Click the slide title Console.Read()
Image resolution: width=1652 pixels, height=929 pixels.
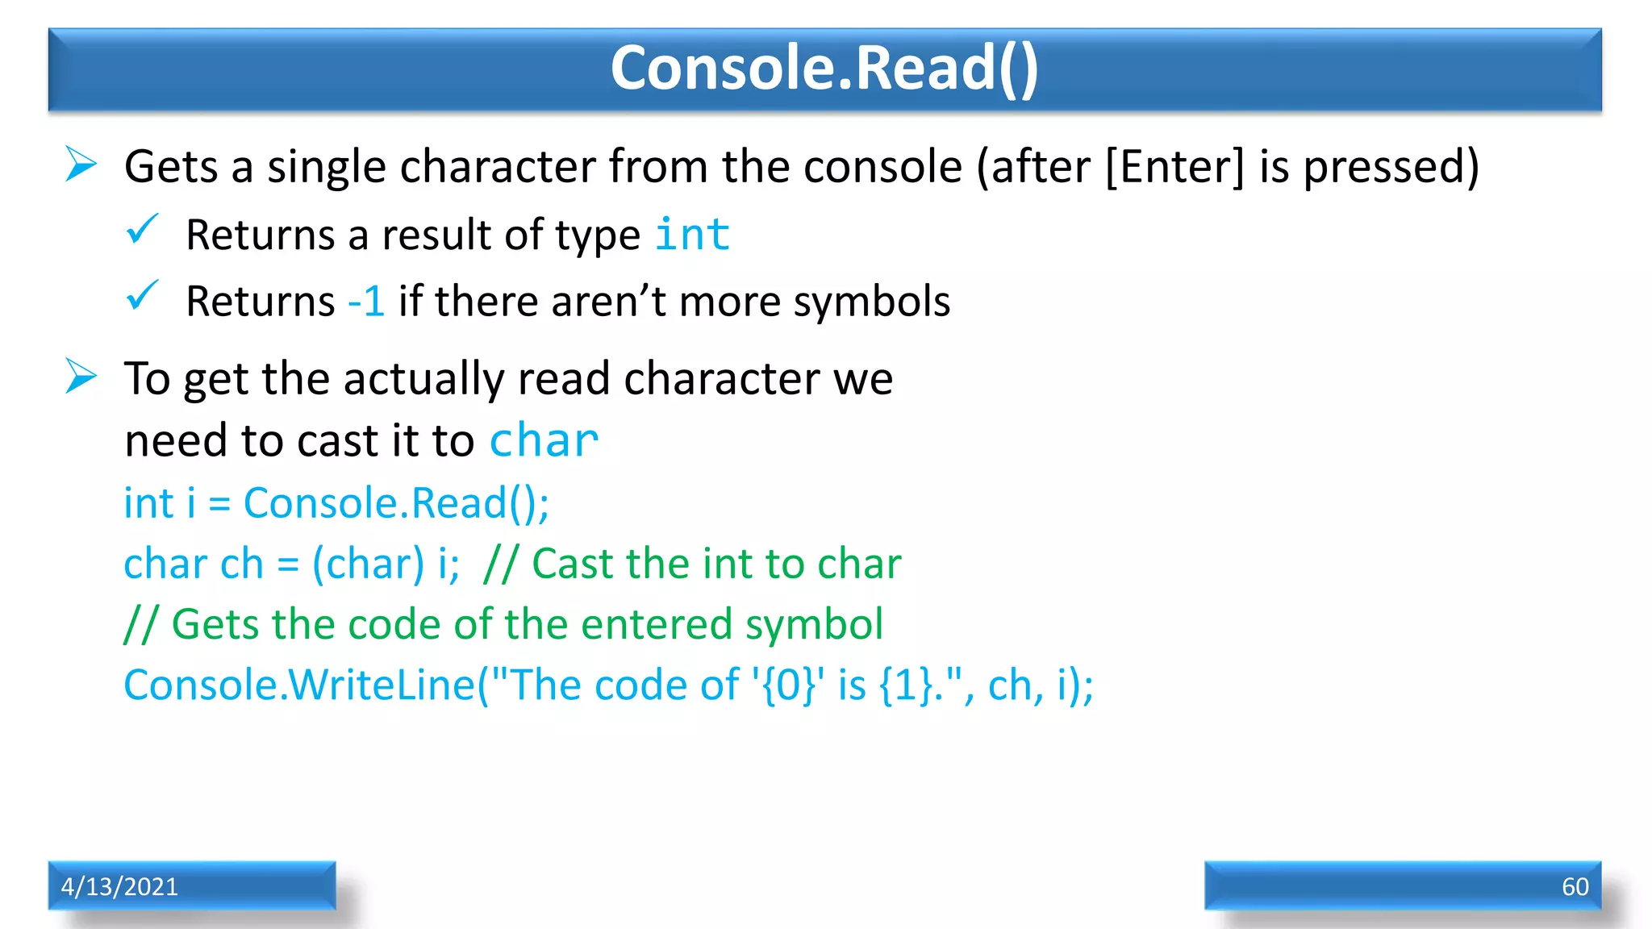(824, 68)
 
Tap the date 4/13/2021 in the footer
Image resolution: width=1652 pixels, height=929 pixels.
(119, 886)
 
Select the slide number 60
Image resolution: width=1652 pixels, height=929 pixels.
(1575, 886)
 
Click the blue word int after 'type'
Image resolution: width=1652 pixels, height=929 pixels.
(692, 235)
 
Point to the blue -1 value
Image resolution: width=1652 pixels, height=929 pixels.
(365, 302)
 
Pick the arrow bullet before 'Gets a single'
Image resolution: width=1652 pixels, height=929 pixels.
(81, 165)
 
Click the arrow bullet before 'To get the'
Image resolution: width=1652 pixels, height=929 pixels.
(81, 377)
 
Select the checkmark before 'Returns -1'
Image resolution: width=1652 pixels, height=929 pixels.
(143, 296)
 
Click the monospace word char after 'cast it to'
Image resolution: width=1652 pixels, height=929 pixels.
(544, 441)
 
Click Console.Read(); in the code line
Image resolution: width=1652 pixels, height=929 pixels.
(396, 503)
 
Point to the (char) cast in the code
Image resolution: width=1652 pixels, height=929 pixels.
(368, 564)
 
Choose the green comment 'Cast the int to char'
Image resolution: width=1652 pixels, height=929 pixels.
(716, 564)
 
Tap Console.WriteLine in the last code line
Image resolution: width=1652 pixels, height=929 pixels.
(299, 685)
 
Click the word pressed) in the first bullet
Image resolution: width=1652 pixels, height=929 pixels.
(1391, 167)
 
